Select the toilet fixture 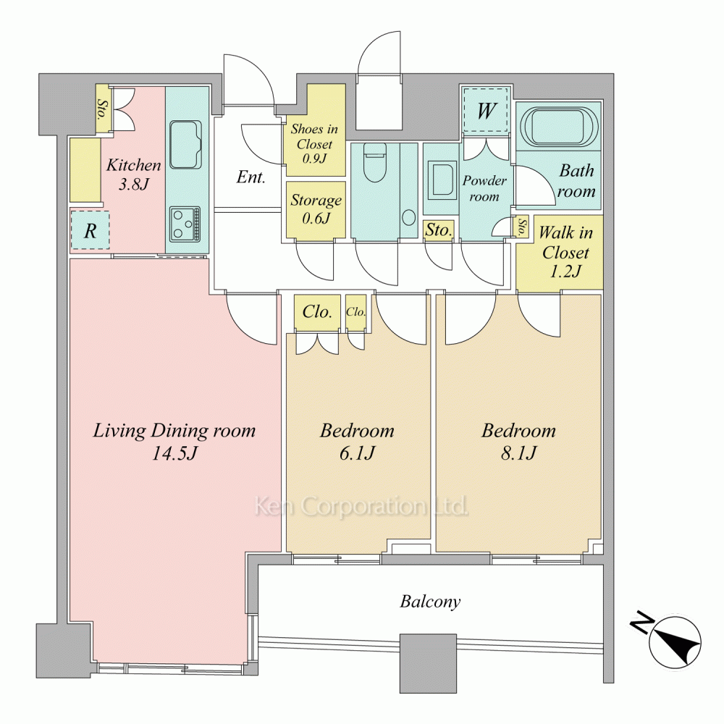pyautogui.click(x=374, y=162)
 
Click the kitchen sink pyautogui.click(x=186, y=145)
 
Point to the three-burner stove pyautogui.click(x=185, y=224)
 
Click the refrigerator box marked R pyautogui.click(x=90, y=230)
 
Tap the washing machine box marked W pyautogui.click(x=486, y=110)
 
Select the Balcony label pyautogui.click(x=430, y=601)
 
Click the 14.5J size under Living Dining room pyautogui.click(x=175, y=453)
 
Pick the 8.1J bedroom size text pyautogui.click(x=518, y=453)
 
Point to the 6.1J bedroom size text pyautogui.click(x=357, y=453)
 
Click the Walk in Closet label pyautogui.click(x=565, y=252)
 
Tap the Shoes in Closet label pyautogui.click(x=314, y=143)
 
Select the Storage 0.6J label pyautogui.click(x=316, y=209)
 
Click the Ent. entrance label pyautogui.click(x=251, y=177)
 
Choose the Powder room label pyautogui.click(x=484, y=188)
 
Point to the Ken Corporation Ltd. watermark pyautogui.click(x=361, y=507)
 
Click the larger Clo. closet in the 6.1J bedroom pyautogui.click(x=317, y=313)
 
